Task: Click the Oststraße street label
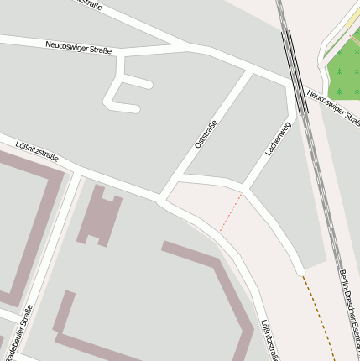pyautogui.click(x=206, y=135)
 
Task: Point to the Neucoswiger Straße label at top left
pyautogui.click(x=78, y=48)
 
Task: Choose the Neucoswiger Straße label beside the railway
pyautogui.click(x=333, y=109)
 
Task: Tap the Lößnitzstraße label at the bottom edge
pyautogui.click(x=269, y=340)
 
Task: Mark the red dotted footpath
pyautogui.click(x=231, y=212)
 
